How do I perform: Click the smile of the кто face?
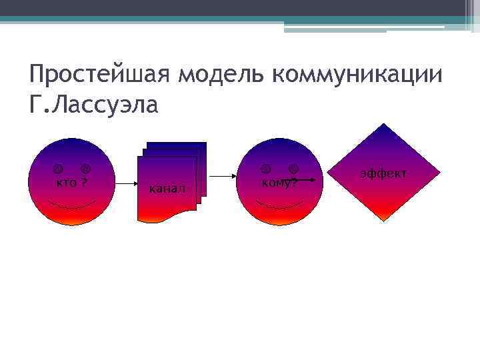tap(73, 204)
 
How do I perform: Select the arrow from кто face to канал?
tap(126, 182)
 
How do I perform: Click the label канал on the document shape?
tap(167, 189)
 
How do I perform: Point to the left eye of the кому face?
tap(265, 168)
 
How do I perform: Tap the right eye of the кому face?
tap(293, 168)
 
